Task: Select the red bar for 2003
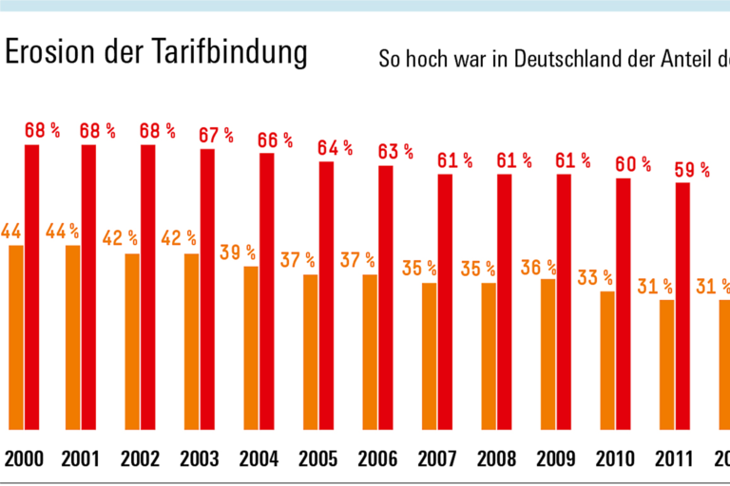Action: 207,290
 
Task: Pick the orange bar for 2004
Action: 252,347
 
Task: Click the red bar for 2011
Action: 682,306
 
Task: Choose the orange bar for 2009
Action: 548,354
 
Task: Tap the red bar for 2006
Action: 386,298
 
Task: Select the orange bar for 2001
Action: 73,337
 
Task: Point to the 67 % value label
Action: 216,135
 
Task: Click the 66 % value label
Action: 275,140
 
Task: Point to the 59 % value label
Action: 692,170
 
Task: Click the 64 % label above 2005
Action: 335,148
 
